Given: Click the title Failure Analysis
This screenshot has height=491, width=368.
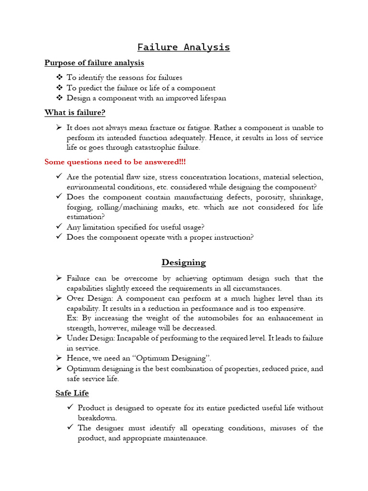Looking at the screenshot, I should click(x=184, y=47).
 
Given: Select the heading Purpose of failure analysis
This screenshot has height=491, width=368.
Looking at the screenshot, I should click(x=94, y=63).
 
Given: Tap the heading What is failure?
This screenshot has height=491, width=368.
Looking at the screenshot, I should click(x=75, y=113).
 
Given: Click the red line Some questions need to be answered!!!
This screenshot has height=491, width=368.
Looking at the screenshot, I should click(x=115, y=162).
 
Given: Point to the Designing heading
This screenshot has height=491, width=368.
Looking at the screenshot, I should click(x=184, y=262).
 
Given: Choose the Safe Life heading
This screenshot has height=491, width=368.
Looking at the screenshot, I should click(x=72, y=393).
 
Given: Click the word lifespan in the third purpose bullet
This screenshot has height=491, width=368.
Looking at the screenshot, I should click(x=208, y=98).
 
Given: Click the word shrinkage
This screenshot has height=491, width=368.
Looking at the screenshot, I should click(x=306, y=197).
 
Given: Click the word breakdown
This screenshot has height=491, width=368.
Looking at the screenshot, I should click(x=97, y=418).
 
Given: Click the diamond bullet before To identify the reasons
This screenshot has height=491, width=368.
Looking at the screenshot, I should click(x=59, y=78).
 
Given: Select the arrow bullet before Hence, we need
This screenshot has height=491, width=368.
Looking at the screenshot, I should click(x=58, y=358).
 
